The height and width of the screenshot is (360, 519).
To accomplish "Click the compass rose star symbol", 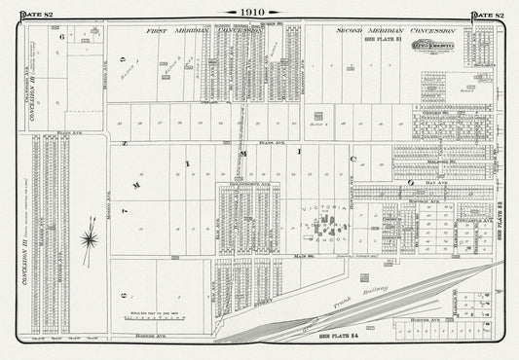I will click(89, 236).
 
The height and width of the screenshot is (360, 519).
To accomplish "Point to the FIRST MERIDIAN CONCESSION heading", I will click(204, 31).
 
